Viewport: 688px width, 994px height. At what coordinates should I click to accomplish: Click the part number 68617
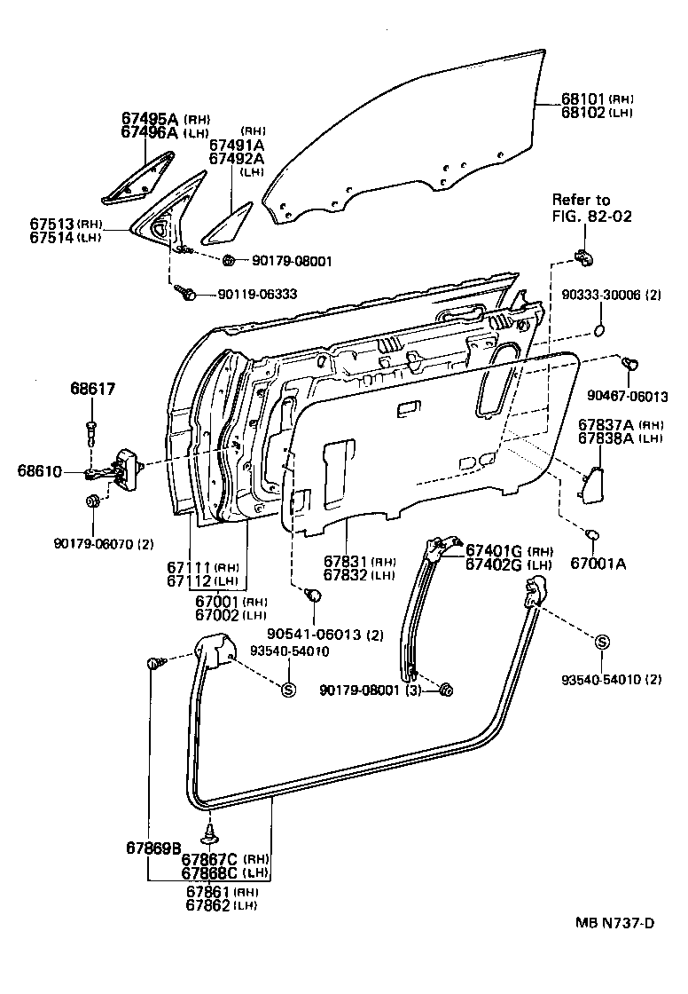[93, 389]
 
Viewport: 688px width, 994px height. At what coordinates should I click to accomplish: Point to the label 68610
[38, 469]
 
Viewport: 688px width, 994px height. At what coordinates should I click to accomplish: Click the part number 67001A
[598, 563]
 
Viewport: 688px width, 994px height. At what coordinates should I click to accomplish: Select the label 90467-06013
[627, 396]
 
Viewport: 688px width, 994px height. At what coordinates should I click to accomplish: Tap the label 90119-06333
[256, 293]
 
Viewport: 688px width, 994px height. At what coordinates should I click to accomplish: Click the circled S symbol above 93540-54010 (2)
[601, 643]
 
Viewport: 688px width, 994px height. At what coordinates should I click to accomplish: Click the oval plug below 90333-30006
[598, 332]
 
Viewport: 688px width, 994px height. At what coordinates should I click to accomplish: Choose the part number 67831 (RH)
[347, 561]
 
